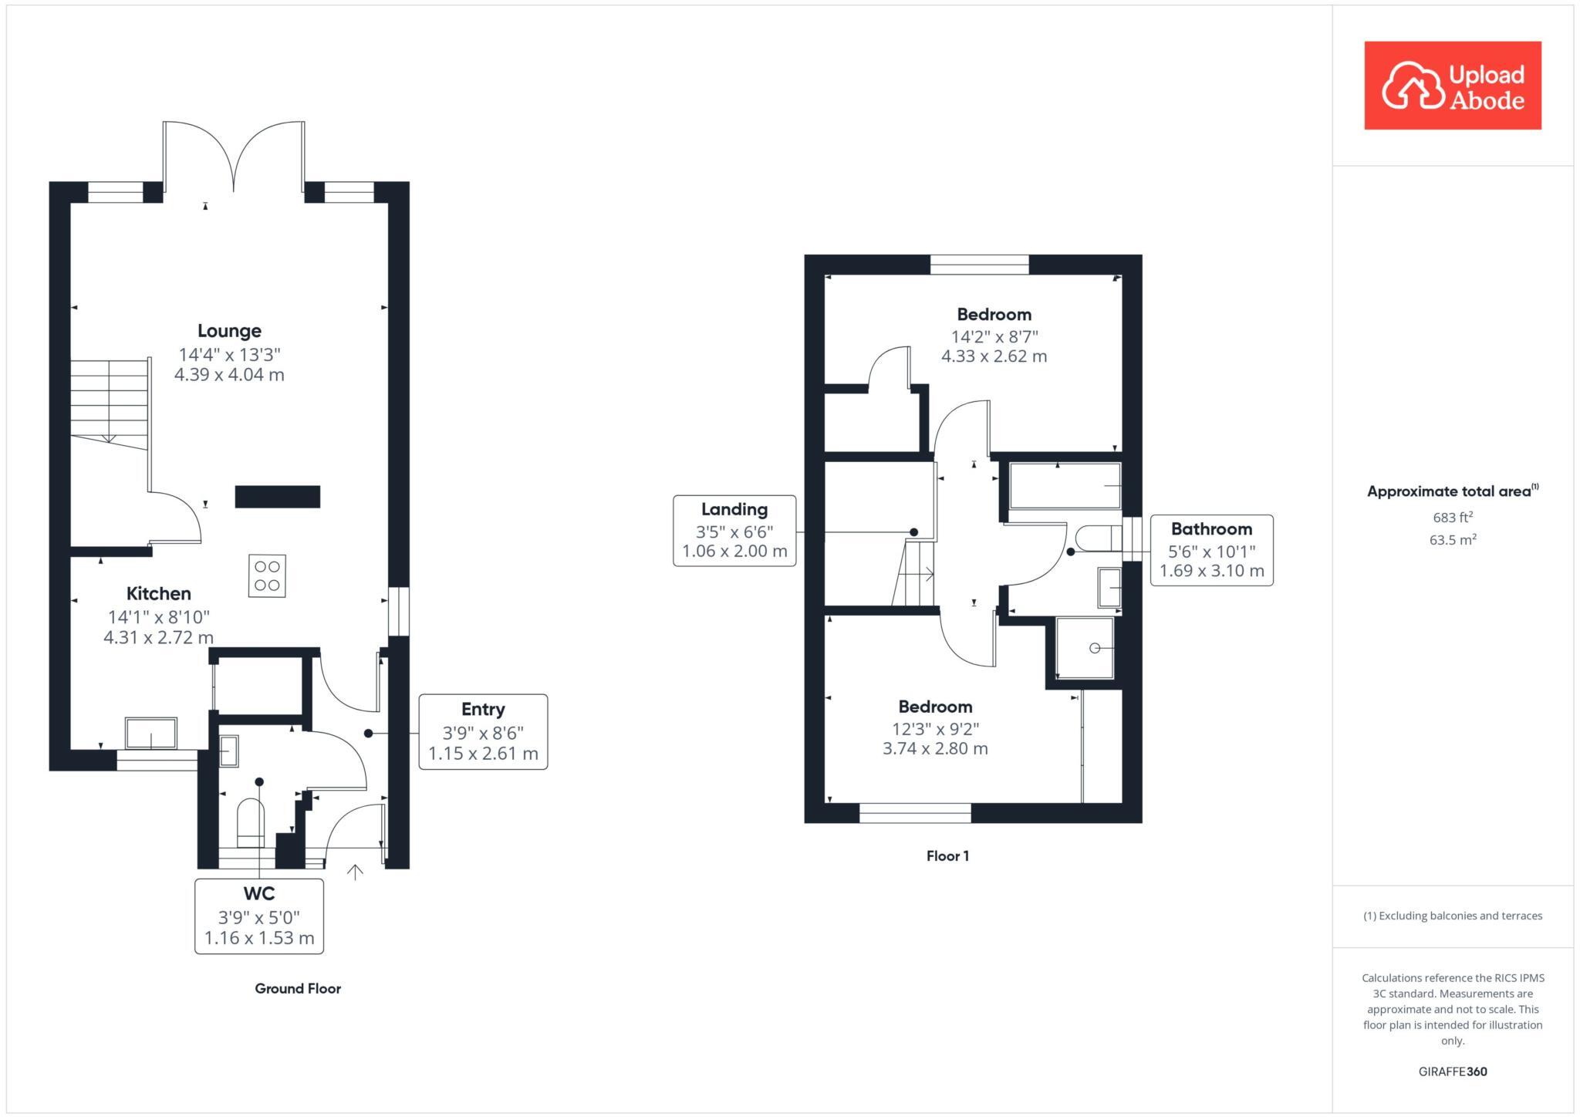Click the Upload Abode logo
click(1452, 86)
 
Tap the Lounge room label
click(229, 331)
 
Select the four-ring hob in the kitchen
click(267, 575)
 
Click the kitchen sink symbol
click(151, 733)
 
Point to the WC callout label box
click(259, 916)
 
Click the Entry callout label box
click(483, 731)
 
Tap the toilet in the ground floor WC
click(250, 824)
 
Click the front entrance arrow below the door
click(355, 872)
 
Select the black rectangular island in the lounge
click(277, 496)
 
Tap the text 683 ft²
click(1452, 518)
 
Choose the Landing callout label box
click(734, 531)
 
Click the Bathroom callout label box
click(1211, 550)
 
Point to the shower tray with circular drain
click(1085, 648)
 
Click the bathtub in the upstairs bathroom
click(1065, 486)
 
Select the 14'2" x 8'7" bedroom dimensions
click(994, 336)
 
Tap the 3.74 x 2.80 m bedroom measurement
click(935, 748)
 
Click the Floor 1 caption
click(947, 855)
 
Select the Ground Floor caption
click(298, 988)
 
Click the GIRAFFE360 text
click(1452, 1071)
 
